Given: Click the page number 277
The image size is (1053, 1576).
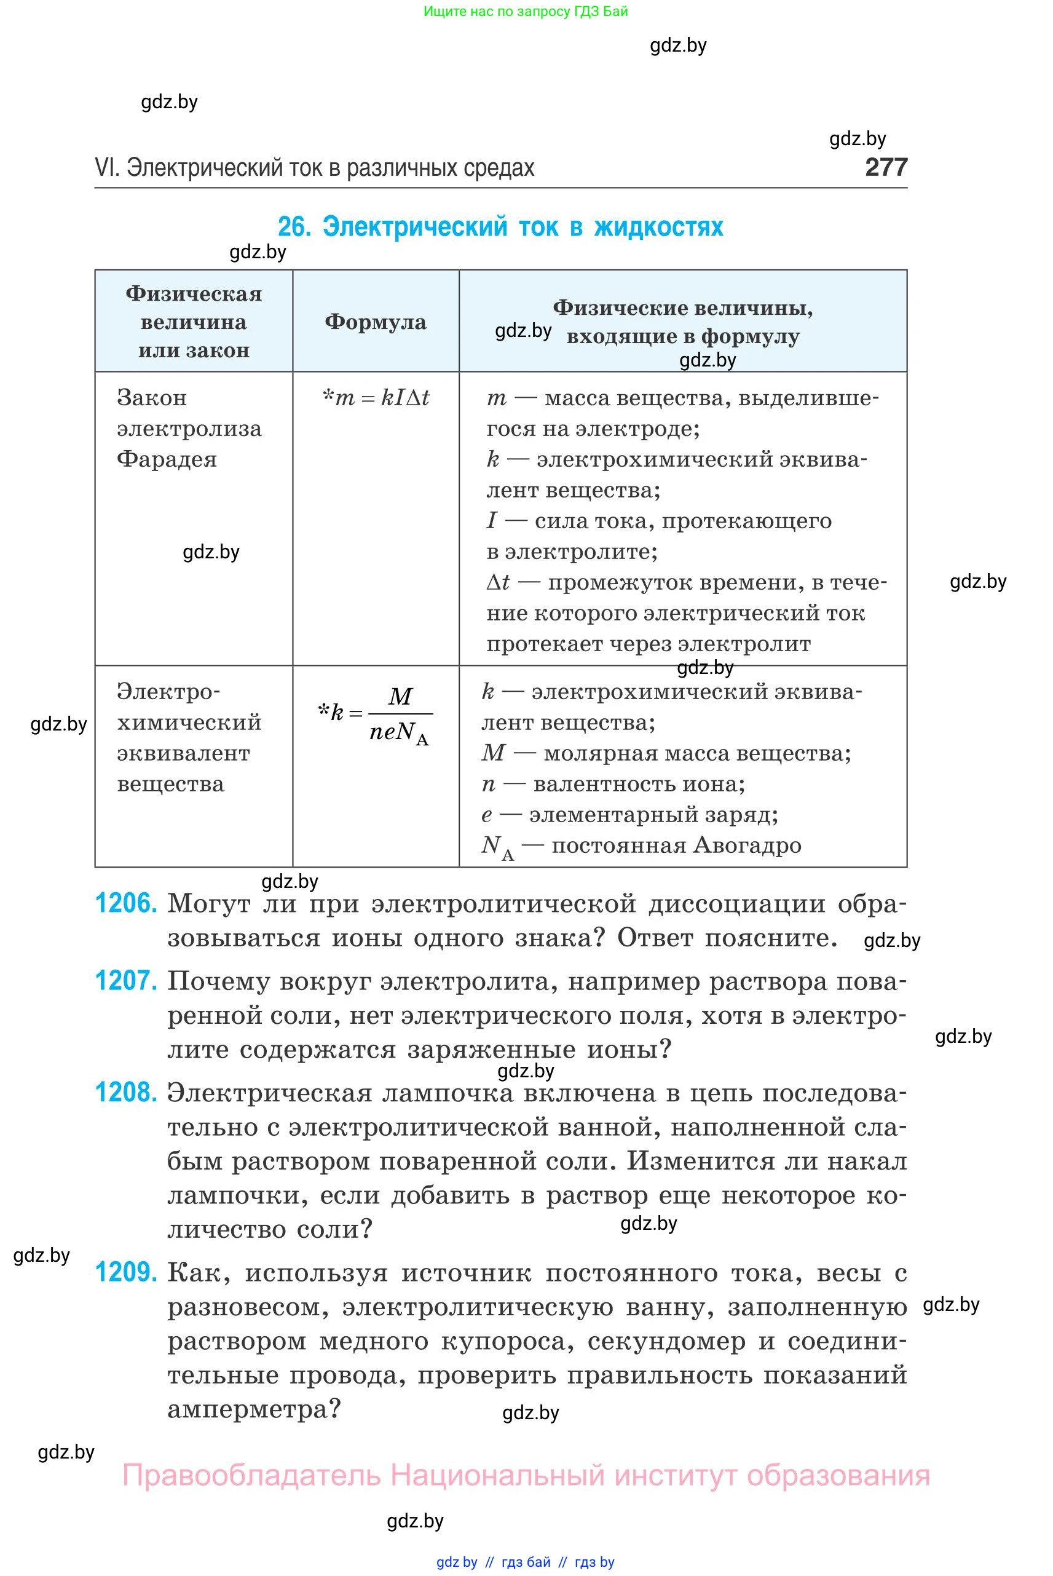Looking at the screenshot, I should (886, 167).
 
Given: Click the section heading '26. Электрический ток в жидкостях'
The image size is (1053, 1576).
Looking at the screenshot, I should (500, 227).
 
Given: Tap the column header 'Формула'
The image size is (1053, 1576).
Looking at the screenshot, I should (376, 322).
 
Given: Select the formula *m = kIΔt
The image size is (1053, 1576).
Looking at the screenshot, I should (376, 398).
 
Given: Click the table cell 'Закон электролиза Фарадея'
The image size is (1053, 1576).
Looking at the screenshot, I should (189, 429).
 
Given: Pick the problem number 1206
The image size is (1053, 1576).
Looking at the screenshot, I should (126, 903).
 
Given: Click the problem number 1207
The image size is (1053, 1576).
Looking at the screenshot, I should (126, 981).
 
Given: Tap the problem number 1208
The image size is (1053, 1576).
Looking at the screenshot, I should (126, 1092).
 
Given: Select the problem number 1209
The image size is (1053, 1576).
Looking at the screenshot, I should (126, 1272).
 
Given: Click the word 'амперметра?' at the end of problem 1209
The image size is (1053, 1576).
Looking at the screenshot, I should (254, 1409).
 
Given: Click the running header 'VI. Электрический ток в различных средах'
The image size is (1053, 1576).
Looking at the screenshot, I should (314, 168).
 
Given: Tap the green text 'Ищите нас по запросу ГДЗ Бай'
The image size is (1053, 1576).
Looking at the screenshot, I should (526, 12).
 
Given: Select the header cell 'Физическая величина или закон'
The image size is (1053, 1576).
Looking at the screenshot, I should (194, 322).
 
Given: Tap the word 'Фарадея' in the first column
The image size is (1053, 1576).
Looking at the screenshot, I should (167, 459).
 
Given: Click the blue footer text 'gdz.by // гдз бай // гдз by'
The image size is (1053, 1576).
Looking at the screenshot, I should (525, 1562).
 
